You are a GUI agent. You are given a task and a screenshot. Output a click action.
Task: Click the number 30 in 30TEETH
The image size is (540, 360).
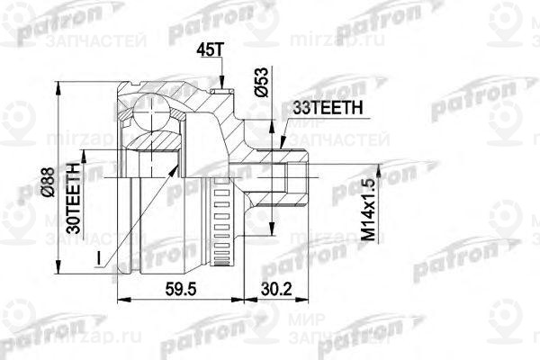[78, 225]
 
